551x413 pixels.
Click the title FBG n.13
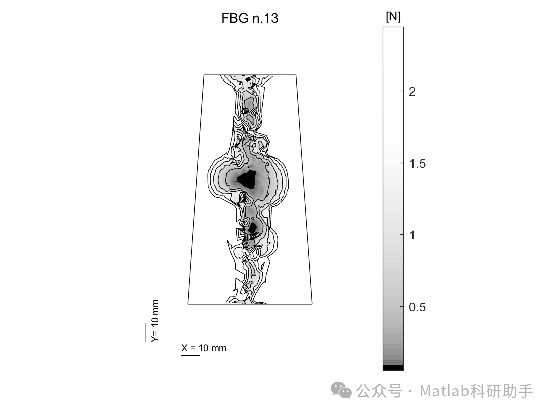coord(249,18)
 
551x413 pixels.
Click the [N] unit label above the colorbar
coord(393,16)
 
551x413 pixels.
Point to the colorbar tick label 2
coord(412,92)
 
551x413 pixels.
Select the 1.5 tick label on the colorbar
coord(417,164)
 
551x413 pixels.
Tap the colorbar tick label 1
coord(412,235)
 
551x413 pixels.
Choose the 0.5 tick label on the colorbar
coord(417,307)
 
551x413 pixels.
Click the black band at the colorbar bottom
coord(393,368)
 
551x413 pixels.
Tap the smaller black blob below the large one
coord(252,227)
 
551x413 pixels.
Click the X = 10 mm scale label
coord(204,348)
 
